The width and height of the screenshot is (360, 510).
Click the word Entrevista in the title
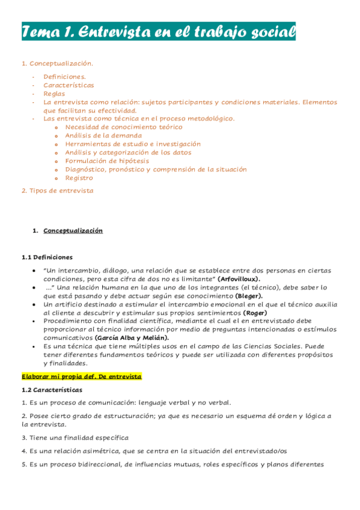click(119, 32)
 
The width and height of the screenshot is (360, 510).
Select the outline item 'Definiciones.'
click(64, 76)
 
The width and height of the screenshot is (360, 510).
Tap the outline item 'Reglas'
click(54, 94)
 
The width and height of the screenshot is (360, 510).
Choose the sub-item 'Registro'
click(79, 178)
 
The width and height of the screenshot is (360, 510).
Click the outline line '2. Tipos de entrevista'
click(57, 191)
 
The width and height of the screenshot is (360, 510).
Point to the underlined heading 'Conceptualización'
click(73, 231)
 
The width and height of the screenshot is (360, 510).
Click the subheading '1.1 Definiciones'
click(47, 257)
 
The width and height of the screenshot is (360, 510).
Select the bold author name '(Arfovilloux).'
click(239, 280)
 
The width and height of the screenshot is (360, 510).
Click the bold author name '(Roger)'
click(255, 313)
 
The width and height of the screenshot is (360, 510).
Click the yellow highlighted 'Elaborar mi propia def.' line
click(81, 376)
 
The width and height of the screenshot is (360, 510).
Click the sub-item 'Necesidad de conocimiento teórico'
click(124, 127)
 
